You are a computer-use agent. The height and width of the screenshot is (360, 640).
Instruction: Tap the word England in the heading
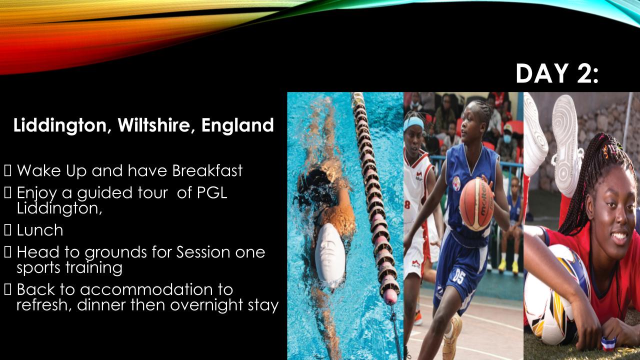tap(237, 125)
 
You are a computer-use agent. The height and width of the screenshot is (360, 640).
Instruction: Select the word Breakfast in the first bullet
tap(207, 170)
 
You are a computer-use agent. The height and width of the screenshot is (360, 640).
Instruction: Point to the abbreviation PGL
tap(211, 192)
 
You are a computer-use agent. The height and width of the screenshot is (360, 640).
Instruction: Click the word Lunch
tap(40, 230)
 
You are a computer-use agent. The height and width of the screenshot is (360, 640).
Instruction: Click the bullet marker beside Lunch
tap(7, 230)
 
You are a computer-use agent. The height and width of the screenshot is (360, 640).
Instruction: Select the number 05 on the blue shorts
tap(458, 275)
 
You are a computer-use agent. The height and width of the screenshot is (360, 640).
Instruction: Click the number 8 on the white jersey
tap(407, 205)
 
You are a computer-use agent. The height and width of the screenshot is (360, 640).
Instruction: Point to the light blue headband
tap(413, 123)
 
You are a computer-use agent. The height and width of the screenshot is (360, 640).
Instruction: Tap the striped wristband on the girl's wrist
tap(608, 343)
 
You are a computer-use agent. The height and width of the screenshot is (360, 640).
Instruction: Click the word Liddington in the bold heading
tap(60, 125)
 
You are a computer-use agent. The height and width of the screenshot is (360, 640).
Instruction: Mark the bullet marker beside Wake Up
tap(7, 170)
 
